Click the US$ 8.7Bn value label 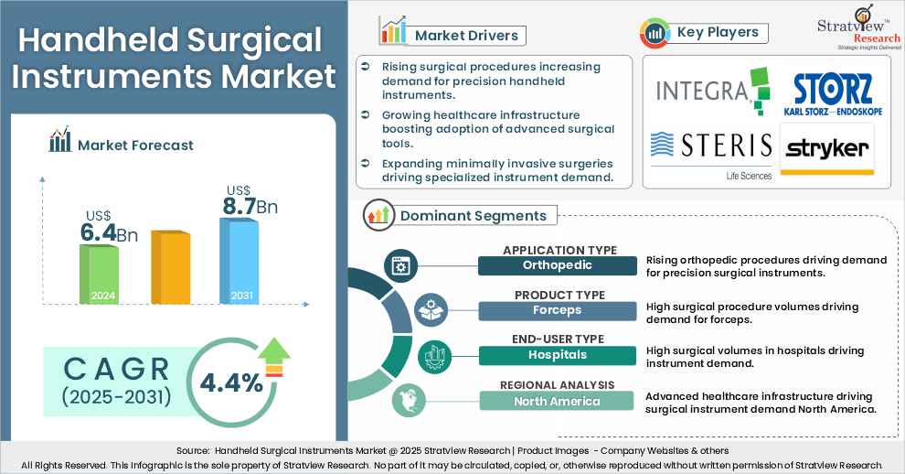(248, 201)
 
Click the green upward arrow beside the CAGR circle (273, 356)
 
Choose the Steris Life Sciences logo (710, 150)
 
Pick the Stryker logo (826, 150)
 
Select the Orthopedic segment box (558, 265)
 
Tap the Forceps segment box (558, 310)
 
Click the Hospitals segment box (558, 355)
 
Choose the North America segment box (558, 401)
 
